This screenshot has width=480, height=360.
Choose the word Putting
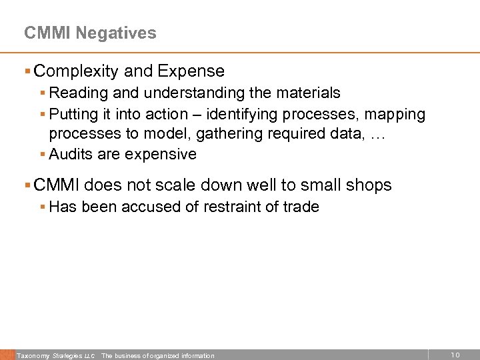[x=74, y=114]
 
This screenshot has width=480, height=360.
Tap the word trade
[x=301, y=207]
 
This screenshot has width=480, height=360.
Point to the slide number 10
[x=455, y=355]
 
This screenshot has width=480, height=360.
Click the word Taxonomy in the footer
[x=33, y=356]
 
